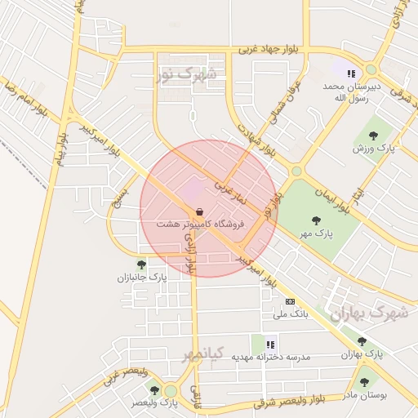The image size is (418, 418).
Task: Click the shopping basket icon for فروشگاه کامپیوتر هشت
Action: point(199,212)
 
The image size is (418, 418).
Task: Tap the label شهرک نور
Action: point(189,75)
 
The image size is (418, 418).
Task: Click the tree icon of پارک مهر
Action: point(316,220)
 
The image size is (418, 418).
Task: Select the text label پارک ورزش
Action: point(374,149)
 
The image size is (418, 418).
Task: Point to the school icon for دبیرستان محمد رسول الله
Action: point(351,73)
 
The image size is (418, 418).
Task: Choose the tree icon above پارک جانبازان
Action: point(141,265)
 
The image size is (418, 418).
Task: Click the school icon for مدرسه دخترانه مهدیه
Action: point(270,344)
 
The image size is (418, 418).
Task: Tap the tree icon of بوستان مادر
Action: point(363,381)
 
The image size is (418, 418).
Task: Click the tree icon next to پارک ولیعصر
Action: point(154,390)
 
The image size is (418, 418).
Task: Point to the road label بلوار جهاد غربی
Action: point(269,49)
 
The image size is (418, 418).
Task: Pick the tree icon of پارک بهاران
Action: point(362,342)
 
